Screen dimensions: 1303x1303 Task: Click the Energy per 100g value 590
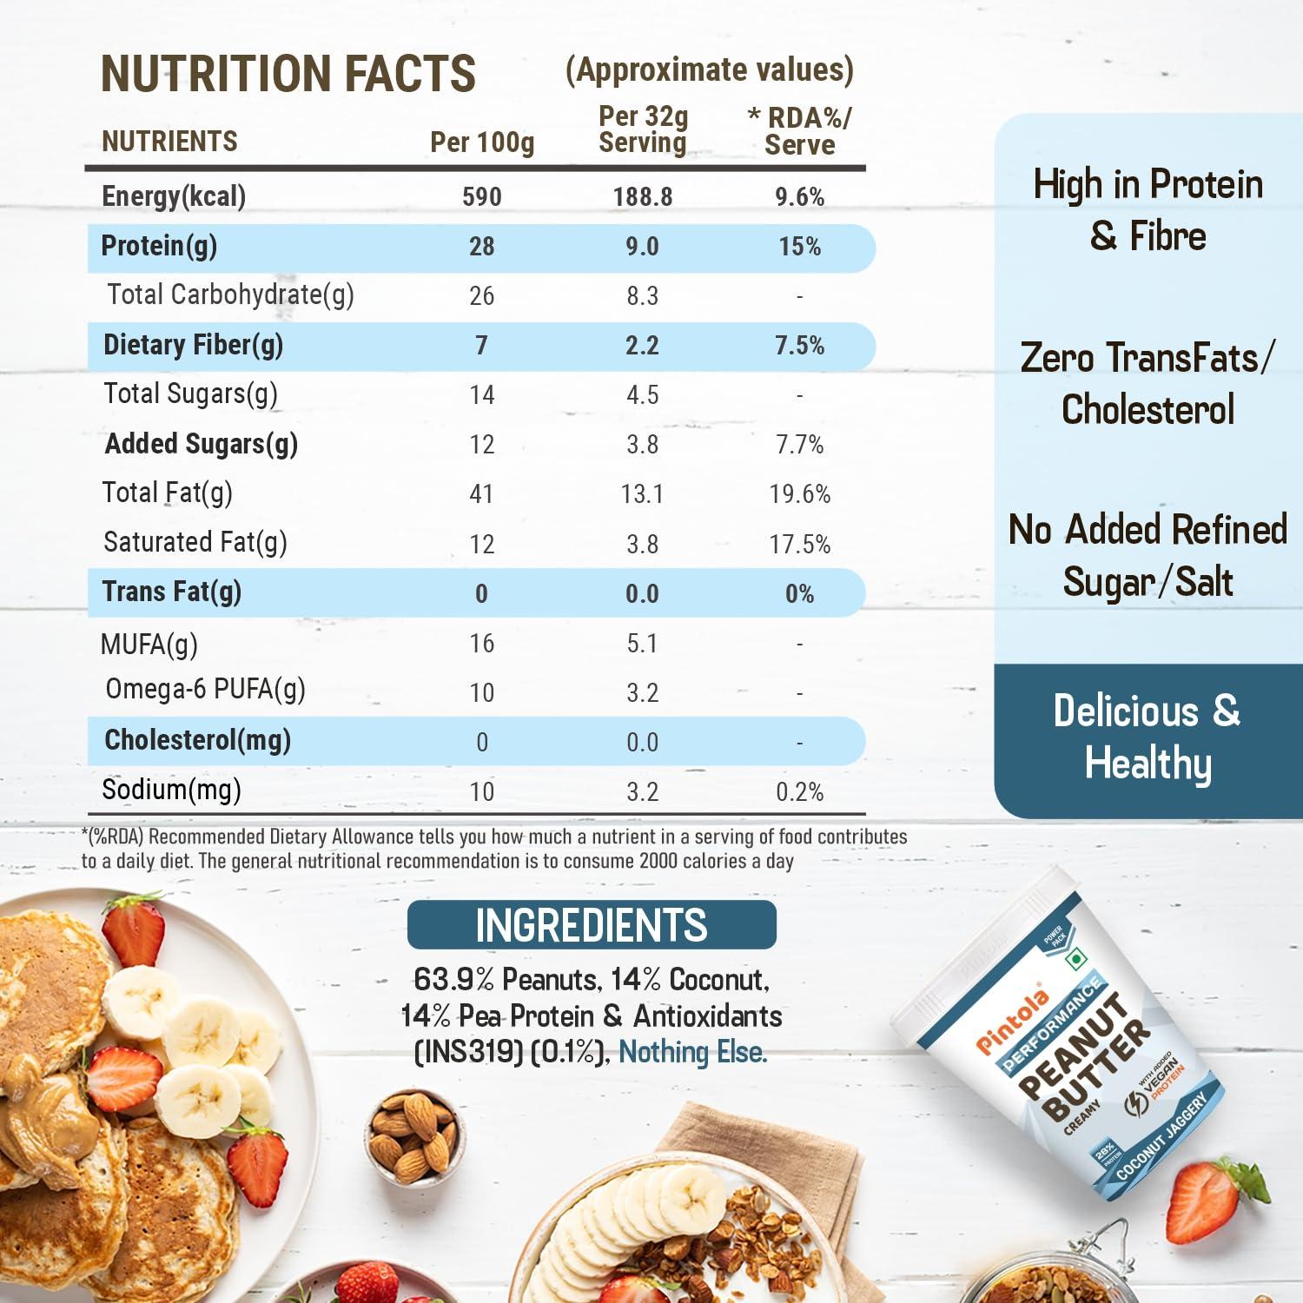click(x=482, y=197)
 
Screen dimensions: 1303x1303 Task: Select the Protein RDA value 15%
click(x=799, y=247)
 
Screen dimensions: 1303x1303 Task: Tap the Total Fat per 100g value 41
click(x=481, y=494)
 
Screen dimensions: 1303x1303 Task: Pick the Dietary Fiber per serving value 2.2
click(x=642, y=346)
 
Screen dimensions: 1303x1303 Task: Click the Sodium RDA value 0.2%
click(x=799, y=792)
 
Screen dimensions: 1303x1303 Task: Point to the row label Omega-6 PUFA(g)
click(x=205, y=690)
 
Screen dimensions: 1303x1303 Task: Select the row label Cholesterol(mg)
click(x=197, y=740)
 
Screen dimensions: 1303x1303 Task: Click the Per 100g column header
click(x=482, y=142)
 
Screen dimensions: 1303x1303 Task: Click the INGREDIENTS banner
click(x=592, y=925)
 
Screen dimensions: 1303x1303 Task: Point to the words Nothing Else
click(x=692, y=1053)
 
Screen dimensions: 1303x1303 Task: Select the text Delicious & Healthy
click(x=1148, y=737)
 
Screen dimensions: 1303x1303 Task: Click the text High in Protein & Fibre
click(x=1148, y=210)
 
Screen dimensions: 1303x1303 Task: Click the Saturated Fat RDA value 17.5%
click(x=799, y=545)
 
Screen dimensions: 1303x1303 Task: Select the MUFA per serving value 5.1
click(x=642, y=644)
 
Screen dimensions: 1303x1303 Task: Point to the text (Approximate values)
click(x=709, y=69)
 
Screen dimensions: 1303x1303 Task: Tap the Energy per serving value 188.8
click(x=642, y=197)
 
